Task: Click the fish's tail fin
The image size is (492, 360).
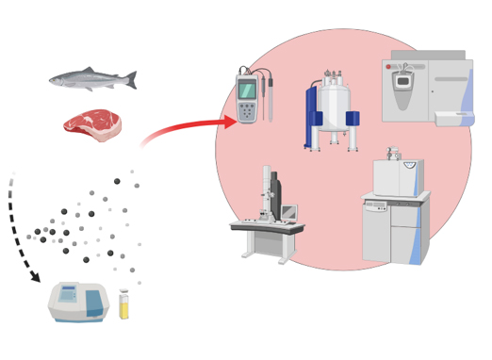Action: tap(131, 81)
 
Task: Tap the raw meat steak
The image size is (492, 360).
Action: tap(92, 124)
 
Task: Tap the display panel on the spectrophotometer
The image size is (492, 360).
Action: tap(68, 295)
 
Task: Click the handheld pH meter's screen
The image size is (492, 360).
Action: tap(247, 91)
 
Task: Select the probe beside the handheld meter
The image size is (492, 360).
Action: tap(270, 99)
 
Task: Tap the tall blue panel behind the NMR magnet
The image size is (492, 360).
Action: tap(310, 118)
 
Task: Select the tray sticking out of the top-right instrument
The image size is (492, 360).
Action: tap(453, 118)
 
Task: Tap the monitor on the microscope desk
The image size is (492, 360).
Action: tap(288, 214)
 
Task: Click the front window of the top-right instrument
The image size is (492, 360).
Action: tap(402, 83)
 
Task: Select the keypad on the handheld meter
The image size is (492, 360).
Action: tap(247, 111)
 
